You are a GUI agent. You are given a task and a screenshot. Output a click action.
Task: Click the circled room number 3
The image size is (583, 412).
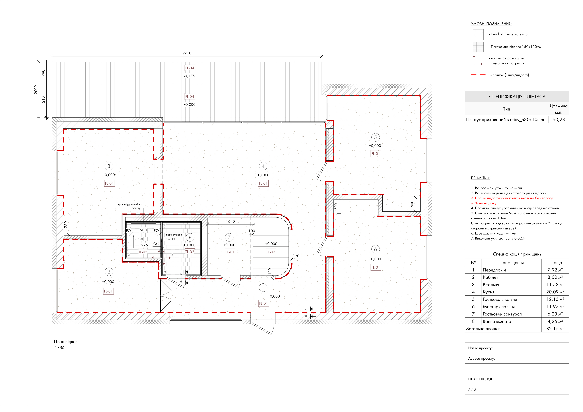click(x=109, y=166)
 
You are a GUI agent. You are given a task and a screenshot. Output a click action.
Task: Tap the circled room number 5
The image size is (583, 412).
click(x=375, y=137)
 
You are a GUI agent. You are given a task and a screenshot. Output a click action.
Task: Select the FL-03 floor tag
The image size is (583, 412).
click(x=271, y=252)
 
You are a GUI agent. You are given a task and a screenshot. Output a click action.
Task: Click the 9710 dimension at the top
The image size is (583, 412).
click(x=187, y=53)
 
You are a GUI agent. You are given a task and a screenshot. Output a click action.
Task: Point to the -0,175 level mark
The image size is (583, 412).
click(x=189, y=76)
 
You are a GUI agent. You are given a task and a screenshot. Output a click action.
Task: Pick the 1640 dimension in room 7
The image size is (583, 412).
click(x=231, y=221)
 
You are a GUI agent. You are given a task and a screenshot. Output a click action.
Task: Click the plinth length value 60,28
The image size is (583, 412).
click(x=559, y=119)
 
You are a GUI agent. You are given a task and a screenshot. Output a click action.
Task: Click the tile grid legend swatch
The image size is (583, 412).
click(x=478, y=47)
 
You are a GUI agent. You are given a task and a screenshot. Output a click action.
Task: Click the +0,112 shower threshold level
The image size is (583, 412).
click(x=171, y=239)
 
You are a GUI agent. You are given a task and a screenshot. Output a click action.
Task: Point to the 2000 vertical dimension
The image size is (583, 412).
click(x=36, y=90)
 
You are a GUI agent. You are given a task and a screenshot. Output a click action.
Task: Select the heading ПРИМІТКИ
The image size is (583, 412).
click(x=480, y=178)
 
